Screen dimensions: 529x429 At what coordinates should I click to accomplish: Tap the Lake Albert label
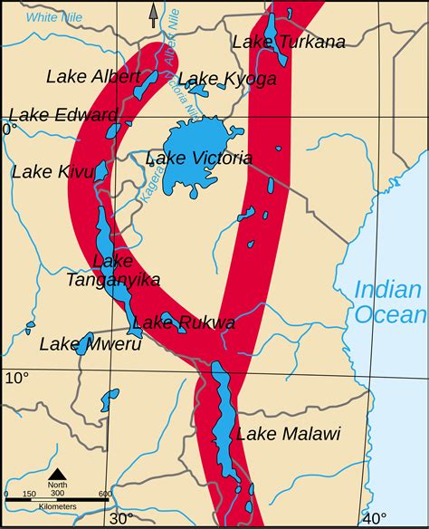[x=93, y=75]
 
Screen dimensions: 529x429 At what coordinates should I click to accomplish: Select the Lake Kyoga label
[x=227, y=79]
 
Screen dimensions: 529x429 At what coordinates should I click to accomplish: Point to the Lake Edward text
[x=63, y=115]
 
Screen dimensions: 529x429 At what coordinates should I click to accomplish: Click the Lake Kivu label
[x=51, y=170]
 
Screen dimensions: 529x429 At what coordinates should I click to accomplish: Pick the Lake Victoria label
[x=198, y=159]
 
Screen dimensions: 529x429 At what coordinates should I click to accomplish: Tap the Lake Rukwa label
[x=184, y=322]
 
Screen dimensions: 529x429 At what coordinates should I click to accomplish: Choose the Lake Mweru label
[x=79, y=343]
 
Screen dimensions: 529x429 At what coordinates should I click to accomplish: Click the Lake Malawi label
[x=288, y=434]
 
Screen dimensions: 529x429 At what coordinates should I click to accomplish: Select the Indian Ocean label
[x=388, y=303]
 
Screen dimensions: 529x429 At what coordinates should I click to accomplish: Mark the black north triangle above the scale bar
[x=57, y=474]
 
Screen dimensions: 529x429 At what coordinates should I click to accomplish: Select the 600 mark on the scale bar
[x=105, y=494]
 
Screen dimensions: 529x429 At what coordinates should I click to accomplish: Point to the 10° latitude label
[x=16, y=377]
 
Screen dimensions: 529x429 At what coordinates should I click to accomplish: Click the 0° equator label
[x=9, y=130]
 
